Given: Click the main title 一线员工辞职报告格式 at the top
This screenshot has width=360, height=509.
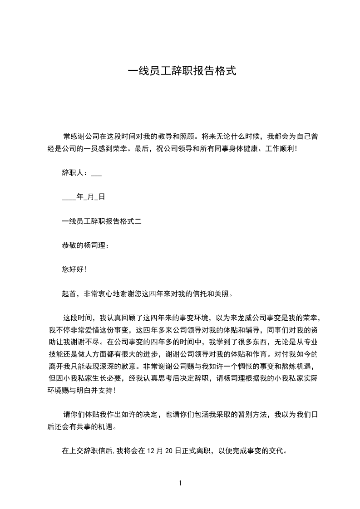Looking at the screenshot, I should click(x=182, y=71).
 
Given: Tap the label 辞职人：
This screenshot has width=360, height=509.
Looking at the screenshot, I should click(x=75, y=172).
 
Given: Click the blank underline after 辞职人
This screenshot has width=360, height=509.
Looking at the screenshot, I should click(x=96, y=174).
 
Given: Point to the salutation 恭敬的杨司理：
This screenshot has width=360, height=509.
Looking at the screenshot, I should click(x=85, y=245).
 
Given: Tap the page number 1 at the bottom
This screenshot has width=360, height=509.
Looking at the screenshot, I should click(x=180, y=483).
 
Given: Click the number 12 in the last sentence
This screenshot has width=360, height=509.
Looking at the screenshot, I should click(x=152, y=451).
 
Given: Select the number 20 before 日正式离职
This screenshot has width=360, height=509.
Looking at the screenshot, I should click(x=172, y=451).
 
